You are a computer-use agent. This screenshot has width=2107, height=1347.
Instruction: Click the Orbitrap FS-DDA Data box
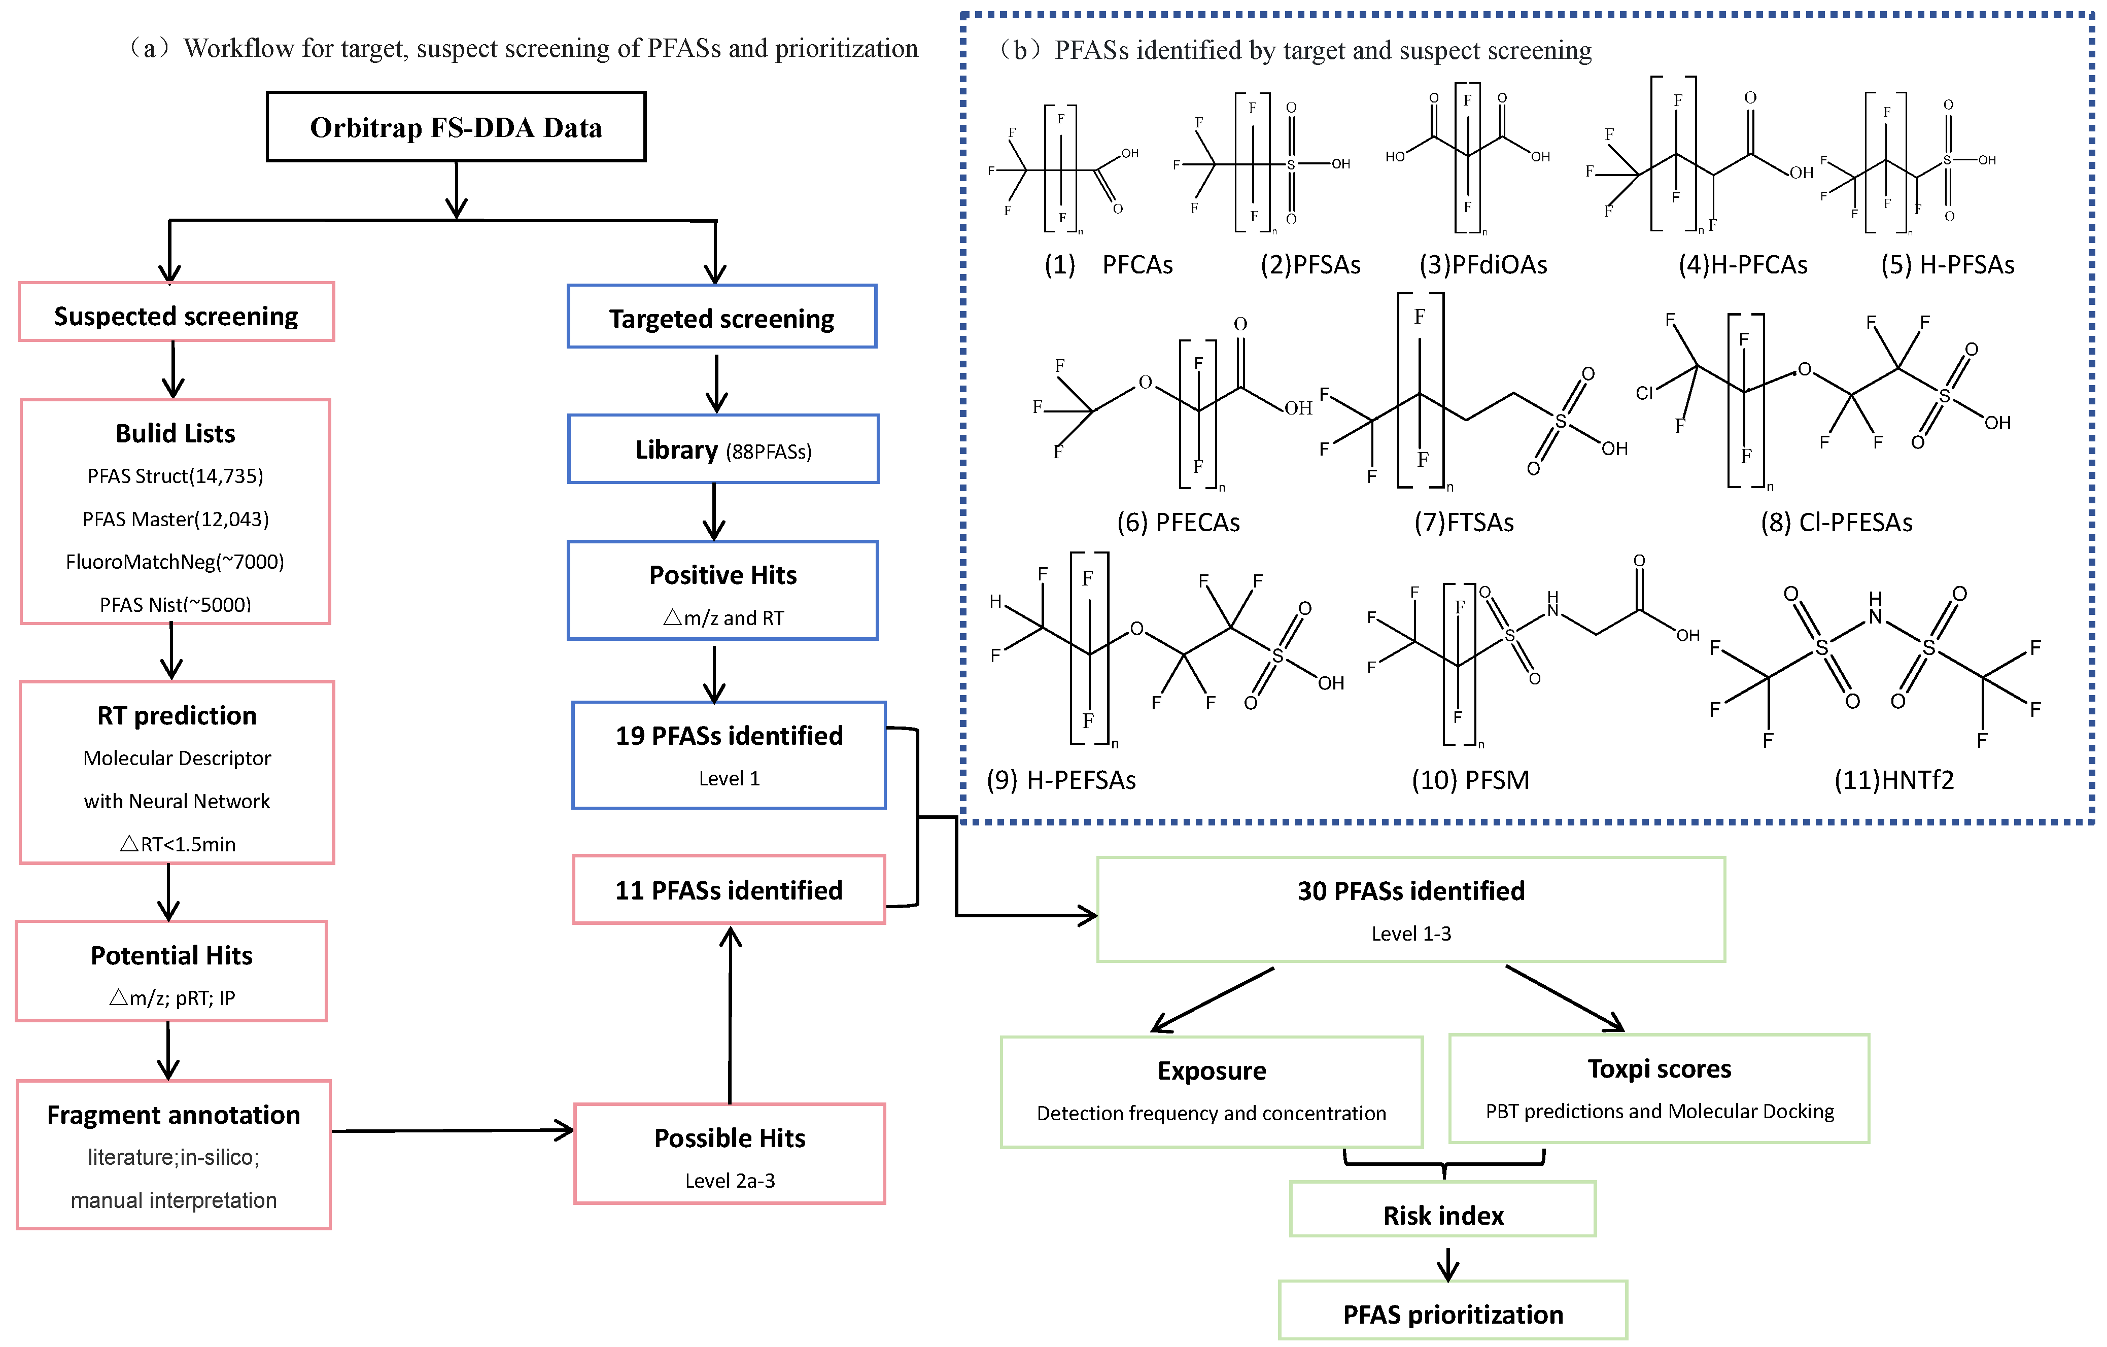(456, 127)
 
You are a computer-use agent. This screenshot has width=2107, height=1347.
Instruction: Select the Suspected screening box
(176, 313)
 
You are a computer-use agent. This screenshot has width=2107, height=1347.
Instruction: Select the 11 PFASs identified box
(729, 889)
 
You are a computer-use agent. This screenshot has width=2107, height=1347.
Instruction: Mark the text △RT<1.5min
(178, 844)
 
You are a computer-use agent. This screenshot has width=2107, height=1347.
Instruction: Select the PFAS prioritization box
(1453, 1313)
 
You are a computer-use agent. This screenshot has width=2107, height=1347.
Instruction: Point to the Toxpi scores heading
(1659, 1068)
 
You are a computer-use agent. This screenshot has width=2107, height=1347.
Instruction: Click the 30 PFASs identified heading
(1410, 890)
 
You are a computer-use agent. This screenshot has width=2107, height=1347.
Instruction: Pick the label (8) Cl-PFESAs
(1836, 523)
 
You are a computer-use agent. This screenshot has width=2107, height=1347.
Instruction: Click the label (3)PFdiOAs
(1483, 264)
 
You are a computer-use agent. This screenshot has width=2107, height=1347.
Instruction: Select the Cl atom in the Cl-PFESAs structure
(1644, 393)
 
